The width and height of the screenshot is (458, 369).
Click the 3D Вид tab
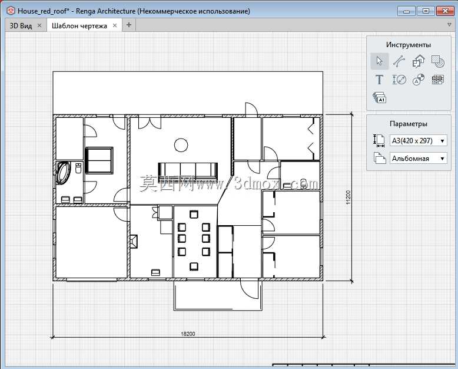pyautogui.click(x=21, y=26)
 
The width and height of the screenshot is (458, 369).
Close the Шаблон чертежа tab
pyautogui.click(x=115, y=25)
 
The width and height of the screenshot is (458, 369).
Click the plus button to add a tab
pyautogui.click(x=128, y=25)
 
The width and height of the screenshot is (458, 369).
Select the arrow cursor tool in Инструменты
pyautogui.click(x=380, y=61)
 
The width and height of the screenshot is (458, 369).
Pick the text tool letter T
pyautogui.click(x=379, y=80)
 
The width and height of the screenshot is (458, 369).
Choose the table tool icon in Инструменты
pyautogui.click(x=437, y=80)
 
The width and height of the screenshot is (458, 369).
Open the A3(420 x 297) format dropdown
pyautogui.click(x=419, y=141)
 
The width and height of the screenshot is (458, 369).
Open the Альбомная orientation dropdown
pyautogui.click(x=419, y=159)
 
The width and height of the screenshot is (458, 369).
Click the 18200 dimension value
pyautogui.click(x=188, y=334)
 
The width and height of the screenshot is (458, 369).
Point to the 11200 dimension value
pyautogui.click(x=348, y=197)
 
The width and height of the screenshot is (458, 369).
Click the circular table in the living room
pyautogui.click(x=181, y=145)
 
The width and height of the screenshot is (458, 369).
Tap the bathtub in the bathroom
pyautogui.click(x=63, y=173)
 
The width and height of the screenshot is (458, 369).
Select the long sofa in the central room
pyautogui.click(x=188, y=171)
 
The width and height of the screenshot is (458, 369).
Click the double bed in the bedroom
pyautogui.click(x=99, y=160)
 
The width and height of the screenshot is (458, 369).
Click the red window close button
pyautogui.click(x=445, y=11)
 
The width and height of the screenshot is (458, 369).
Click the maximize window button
pyautogui.click(x=426, y=11)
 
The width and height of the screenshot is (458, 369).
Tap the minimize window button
pyautogui.click(x=407, y=11)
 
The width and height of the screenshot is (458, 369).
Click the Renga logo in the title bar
pyautogui.click(x=11, y=11)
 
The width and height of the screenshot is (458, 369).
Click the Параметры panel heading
pyautogui.click(x=409, y=124)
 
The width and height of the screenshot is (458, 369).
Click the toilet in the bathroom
pyautogui.click(x=78, y=168)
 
